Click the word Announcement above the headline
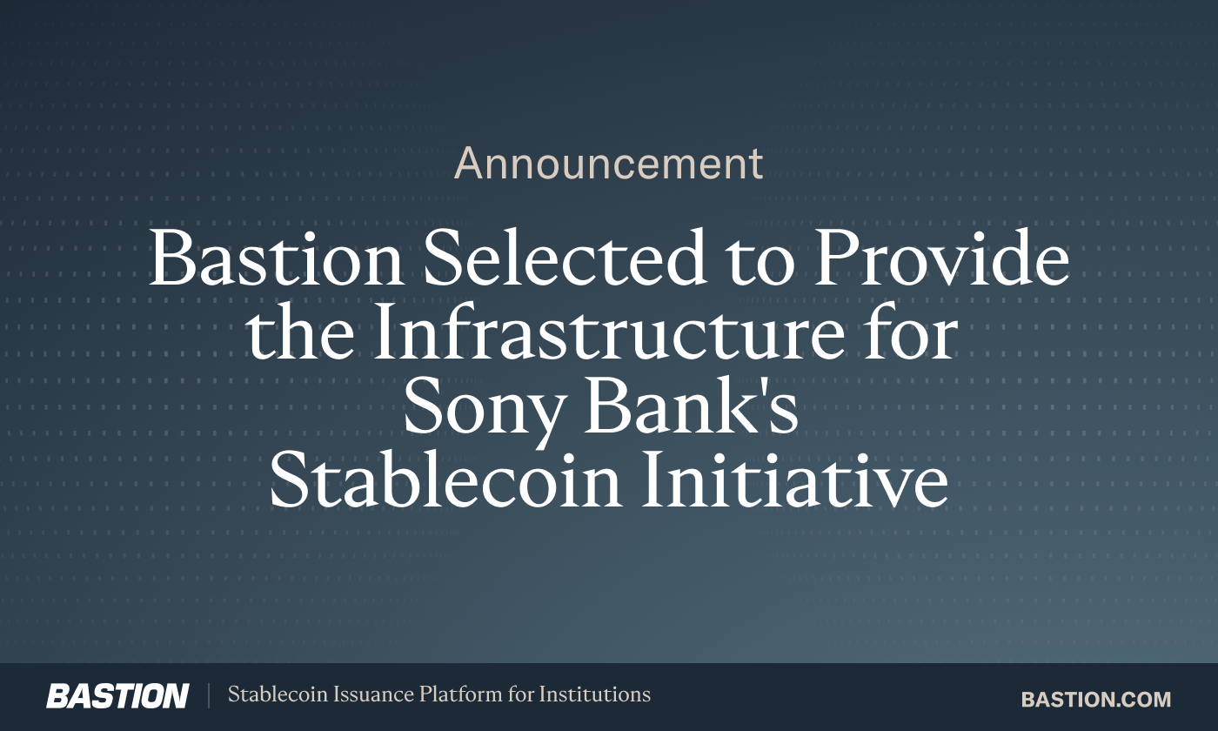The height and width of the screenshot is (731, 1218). (609, 164)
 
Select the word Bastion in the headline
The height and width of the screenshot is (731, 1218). (276, 259)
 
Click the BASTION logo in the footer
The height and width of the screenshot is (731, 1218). (117, 696)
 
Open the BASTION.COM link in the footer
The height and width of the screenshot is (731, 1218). (1096, 699)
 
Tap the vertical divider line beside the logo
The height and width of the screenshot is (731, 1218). (209, 696)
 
